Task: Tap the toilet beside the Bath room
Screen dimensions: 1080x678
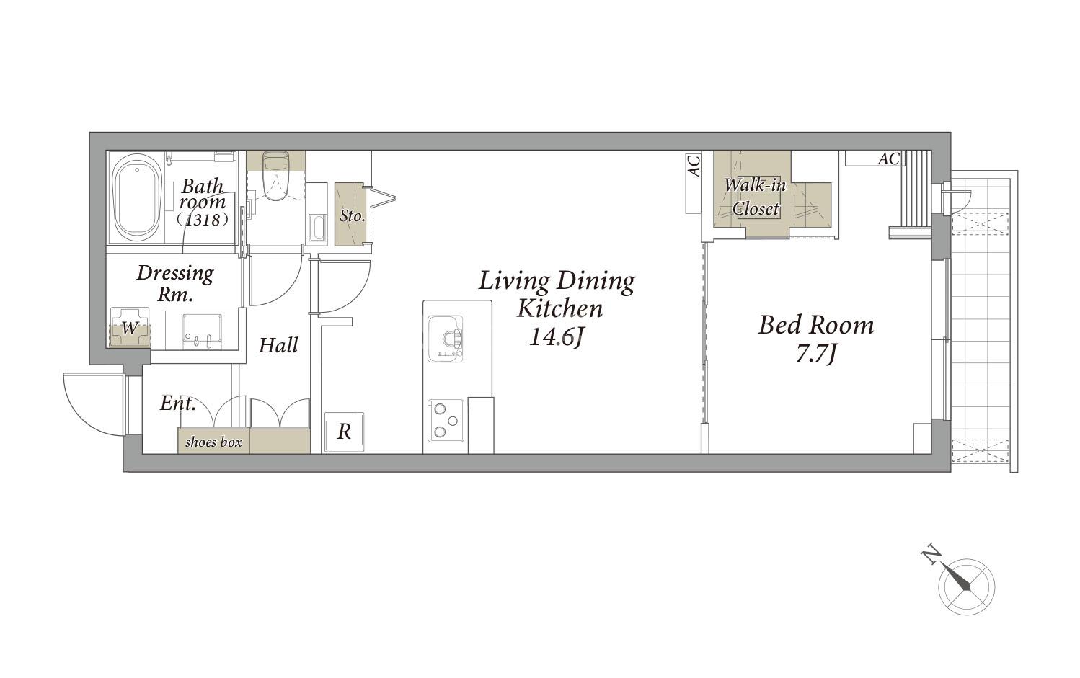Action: tap(276, 177)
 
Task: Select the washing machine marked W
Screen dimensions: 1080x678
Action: tap(130, 327)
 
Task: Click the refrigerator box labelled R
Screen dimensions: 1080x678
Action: tap(344, 432)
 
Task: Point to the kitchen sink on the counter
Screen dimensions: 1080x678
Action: tap(445, 339)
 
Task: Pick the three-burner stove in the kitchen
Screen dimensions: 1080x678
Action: tap(446, 421)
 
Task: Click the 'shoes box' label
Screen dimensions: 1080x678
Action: tap(213, 442)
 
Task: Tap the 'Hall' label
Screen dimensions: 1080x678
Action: tap(278, 345)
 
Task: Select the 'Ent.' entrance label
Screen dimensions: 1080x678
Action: tap(178, 403)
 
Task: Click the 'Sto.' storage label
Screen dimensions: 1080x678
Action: tap(352, 215)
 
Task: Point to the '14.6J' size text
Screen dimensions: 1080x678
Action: tap(557, 336)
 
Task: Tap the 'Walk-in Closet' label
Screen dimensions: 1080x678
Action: tap(756, 197)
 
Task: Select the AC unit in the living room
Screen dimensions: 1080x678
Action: tap(694, 183)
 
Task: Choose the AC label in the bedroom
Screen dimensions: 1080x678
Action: tap(889, 159)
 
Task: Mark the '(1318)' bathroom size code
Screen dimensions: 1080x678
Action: tap(202, 220)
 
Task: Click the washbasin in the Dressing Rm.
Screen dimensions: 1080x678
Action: tap(202, 331)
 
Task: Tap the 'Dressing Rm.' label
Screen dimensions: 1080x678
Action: tap(175, 283)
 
